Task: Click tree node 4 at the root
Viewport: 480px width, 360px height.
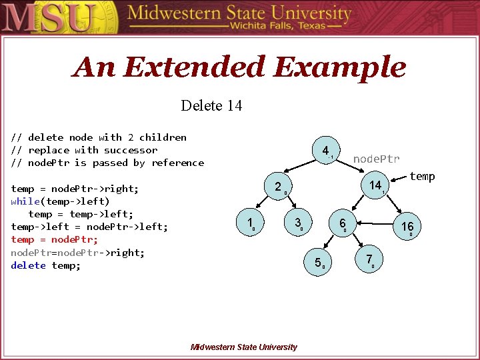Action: [x=325, y=151]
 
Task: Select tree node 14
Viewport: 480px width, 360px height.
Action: [x=375, y=185]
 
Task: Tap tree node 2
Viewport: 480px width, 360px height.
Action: [x=278, y=187]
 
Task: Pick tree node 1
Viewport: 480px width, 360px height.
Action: [x=249, y=223]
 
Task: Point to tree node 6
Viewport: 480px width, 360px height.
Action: [x=342, y=223]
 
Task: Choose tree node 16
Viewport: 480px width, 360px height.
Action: [x=407, y=227]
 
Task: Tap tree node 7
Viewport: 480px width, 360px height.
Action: [x=369, y=259]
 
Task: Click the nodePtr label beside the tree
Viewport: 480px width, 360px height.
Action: [x=376, y=159]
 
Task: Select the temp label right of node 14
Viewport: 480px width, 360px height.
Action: [x=422, y=176]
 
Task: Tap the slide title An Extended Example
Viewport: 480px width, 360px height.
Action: [x=239, y=67]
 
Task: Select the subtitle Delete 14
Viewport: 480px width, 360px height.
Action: [x=211, y=105]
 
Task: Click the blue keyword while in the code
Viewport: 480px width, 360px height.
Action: [x=25, y=201]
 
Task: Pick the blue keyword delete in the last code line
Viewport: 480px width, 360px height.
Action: [x=28, y=265]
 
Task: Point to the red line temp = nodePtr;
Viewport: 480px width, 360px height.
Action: [x=55, y=239]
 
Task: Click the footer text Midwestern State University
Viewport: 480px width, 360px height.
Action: [x=243, y=347]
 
